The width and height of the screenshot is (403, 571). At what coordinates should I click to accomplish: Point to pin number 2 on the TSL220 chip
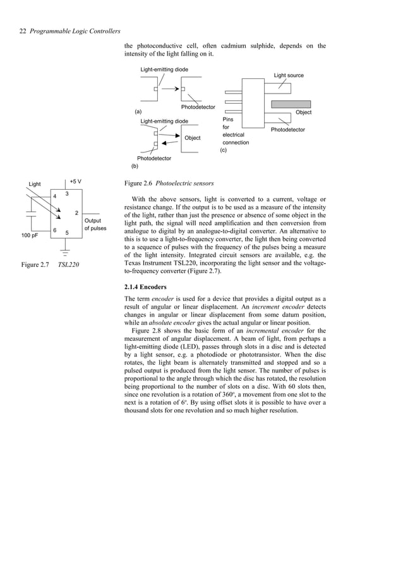point(76,213)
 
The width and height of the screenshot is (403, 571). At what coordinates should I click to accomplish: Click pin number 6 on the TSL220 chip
point(55,230)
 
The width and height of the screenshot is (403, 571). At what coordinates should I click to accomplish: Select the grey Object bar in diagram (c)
point(292,104)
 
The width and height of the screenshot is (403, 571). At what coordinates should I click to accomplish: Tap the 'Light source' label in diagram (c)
point(288,76)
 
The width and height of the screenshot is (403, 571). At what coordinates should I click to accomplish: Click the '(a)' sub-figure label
point(138,112)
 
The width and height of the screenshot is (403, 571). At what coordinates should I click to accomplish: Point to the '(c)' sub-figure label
point(224,150)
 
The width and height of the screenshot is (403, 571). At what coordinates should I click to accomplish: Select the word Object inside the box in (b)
point(192,138)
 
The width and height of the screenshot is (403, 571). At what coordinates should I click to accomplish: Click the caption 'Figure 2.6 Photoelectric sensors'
point(169,184)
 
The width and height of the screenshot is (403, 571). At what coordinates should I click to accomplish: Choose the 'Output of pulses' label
point(95,224)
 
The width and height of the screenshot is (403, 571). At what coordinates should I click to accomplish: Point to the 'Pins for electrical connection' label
point(235,131)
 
